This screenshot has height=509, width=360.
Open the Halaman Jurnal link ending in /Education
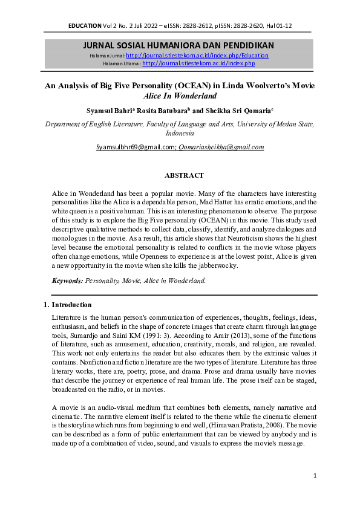point(197,56)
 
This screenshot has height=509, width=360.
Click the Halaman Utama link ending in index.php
point(198,63)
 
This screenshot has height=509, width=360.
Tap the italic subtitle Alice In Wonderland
point(180,96)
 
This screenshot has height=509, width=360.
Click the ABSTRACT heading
point(184,175)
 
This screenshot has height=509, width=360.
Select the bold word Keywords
point(67,280)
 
